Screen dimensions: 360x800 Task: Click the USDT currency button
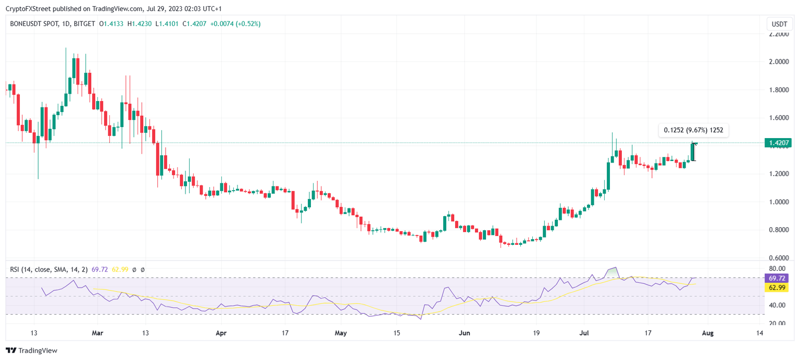click(779, 24)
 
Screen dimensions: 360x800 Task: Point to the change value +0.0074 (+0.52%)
click(235, 24)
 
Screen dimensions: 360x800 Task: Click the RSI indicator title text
click(49, 269)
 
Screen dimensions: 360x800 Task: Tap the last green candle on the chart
click(693, 152)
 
